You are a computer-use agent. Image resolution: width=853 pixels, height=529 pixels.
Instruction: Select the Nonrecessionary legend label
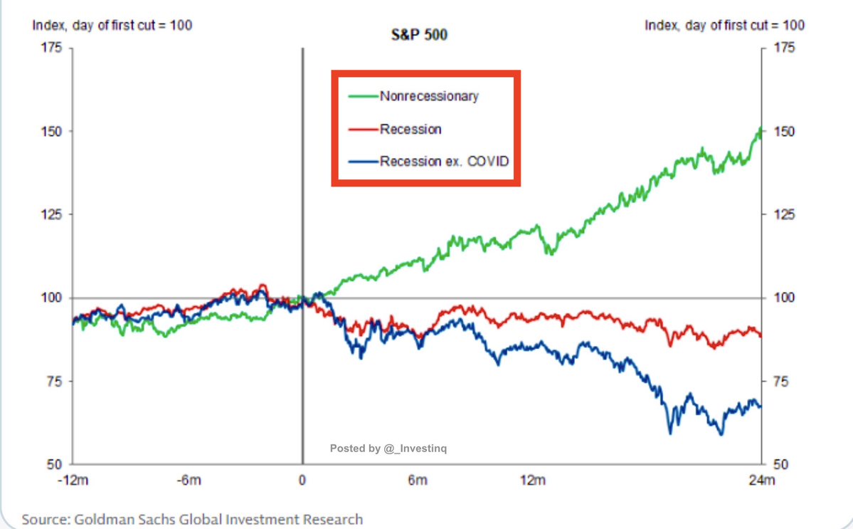[429, 95]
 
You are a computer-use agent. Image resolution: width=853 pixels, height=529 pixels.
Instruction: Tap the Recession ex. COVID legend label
[445, 162]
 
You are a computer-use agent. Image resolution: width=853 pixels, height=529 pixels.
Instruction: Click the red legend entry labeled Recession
[410, 129]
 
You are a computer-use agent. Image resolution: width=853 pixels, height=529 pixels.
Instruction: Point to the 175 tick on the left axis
[54, 48]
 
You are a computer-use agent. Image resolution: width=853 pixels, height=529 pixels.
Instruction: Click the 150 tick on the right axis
[784, 132]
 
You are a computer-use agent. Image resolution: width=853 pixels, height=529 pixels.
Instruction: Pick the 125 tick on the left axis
[54, 215]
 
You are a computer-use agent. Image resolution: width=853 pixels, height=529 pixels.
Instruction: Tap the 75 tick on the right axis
[781, 382]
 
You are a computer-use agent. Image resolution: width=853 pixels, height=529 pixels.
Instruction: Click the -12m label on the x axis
[73, 481]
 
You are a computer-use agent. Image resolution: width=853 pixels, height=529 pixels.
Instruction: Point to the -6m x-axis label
[188, 481]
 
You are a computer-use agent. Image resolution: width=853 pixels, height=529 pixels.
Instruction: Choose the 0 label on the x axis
[302, 481]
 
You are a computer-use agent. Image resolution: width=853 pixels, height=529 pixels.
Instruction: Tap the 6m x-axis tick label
[418, 481]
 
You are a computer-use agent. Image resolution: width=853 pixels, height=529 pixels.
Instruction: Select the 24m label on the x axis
[761, 481]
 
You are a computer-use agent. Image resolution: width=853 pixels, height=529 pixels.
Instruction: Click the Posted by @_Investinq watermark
[388, 449]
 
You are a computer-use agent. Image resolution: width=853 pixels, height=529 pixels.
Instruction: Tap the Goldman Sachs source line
[192, 519]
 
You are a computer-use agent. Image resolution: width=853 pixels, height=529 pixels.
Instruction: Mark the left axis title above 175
[112, 25]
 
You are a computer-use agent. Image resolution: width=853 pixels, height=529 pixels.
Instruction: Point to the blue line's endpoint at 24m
[761, 407]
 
